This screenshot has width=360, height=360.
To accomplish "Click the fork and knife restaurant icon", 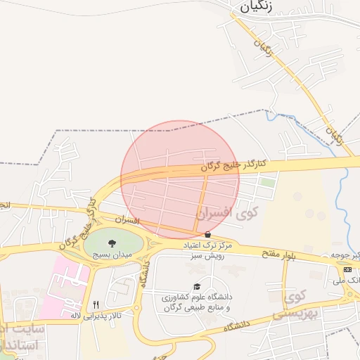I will pyautogui.click(x=96, y=304).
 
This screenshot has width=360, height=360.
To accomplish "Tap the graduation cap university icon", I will pyautogui.click(x=198, y=286).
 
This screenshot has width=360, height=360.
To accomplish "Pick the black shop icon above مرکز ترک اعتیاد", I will pyautogui.click(x=207, y=235).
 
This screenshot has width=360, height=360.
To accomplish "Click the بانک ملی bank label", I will pyautogui.click(x=349, y=280).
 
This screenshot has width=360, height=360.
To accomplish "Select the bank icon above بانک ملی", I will pyautogui.click(x=347, y=269).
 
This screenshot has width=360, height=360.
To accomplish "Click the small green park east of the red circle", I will pyautogui.click(x=267, y=182).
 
